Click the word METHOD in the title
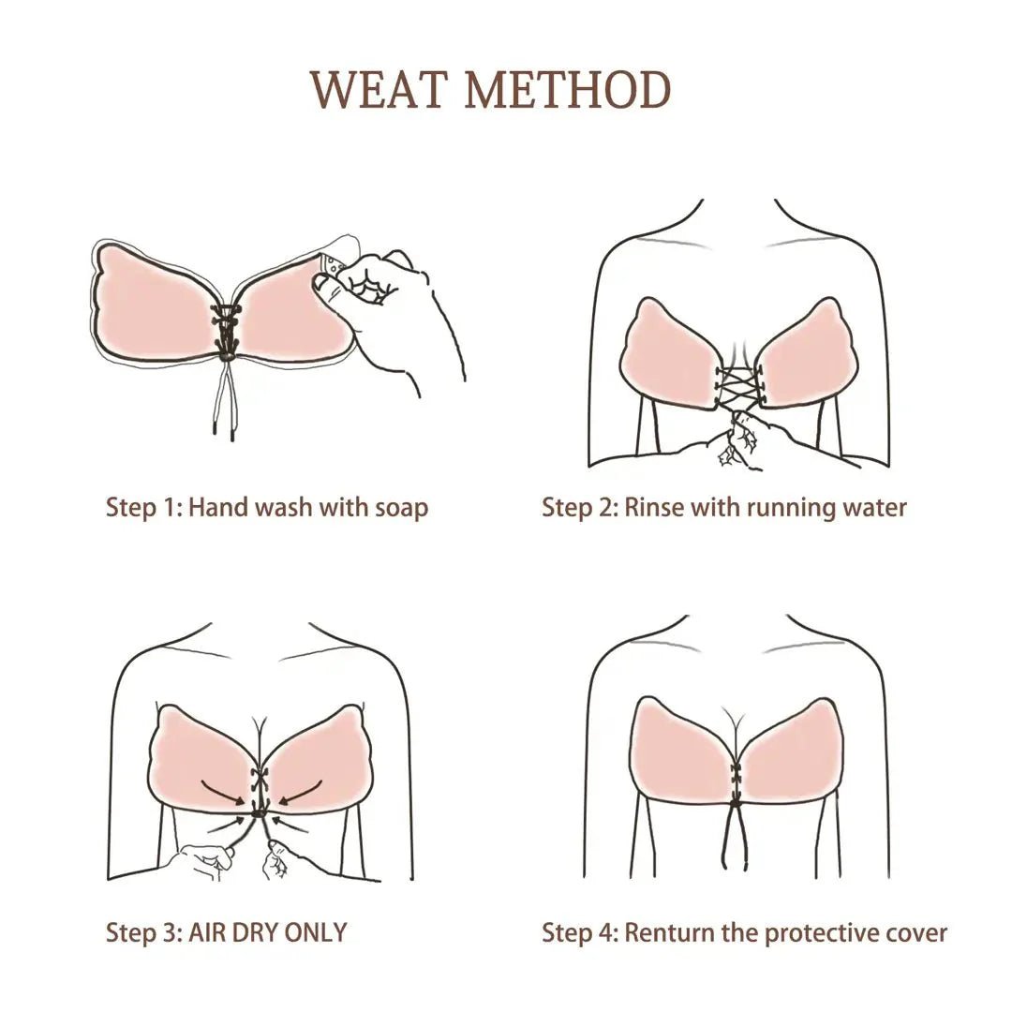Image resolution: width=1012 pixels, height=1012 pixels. [x=568, y=90]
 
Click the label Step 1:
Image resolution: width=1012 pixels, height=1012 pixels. [x=143, y=508]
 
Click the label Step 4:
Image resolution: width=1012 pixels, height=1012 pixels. [x=579, y=932]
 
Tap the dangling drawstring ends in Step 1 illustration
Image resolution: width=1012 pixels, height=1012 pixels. [x=223, y=412]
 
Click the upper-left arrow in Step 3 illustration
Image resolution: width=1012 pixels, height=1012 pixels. [x=225, y=793]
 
